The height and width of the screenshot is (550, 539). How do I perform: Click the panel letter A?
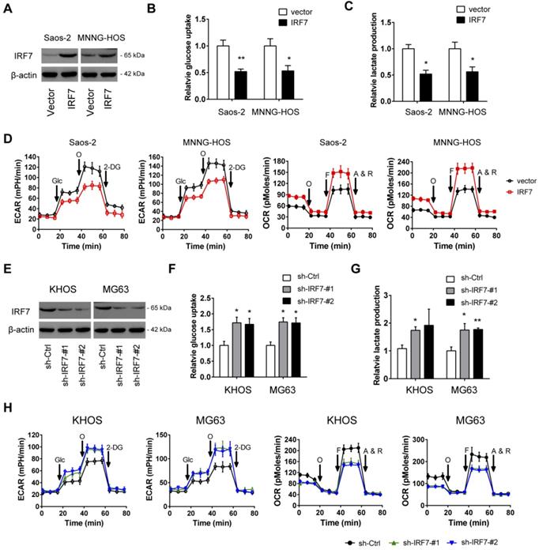[x=6, y=8]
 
